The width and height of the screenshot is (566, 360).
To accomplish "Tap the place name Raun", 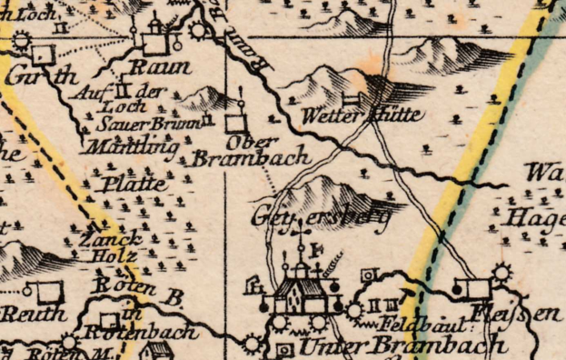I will click(x=162, y=66).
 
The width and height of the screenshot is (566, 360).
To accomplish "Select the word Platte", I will click(x=134, y=183).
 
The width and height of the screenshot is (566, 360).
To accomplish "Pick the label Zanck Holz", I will click(x=110, y=248).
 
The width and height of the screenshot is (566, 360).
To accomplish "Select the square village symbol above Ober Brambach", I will click(x=236, y=121).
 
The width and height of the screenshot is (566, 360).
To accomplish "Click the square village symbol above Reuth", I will click(x=49, y=291).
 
